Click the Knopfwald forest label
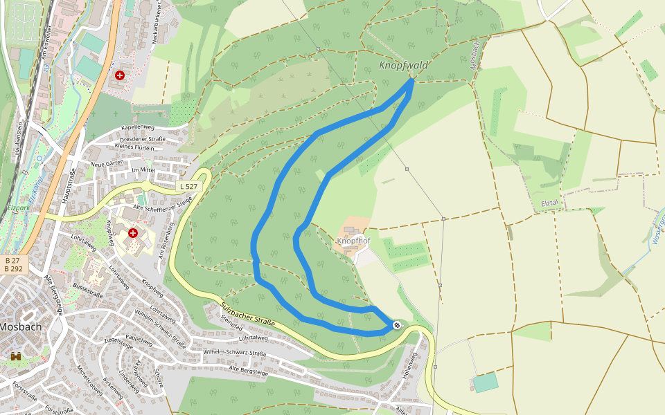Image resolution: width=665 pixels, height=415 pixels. [404, 66]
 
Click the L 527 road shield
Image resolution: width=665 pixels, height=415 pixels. [188, 186]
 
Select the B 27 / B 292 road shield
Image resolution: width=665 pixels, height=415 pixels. [12, 264]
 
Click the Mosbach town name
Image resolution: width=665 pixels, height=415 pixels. [20, 326]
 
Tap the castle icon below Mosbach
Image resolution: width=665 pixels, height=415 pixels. [16, 356]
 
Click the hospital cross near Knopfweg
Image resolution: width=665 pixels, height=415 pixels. [132, 233]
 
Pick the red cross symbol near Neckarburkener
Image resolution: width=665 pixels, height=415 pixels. [120, 74]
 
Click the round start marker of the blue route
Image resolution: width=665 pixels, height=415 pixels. [397, 325]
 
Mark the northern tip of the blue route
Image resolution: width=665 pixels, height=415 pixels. [412, 81]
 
